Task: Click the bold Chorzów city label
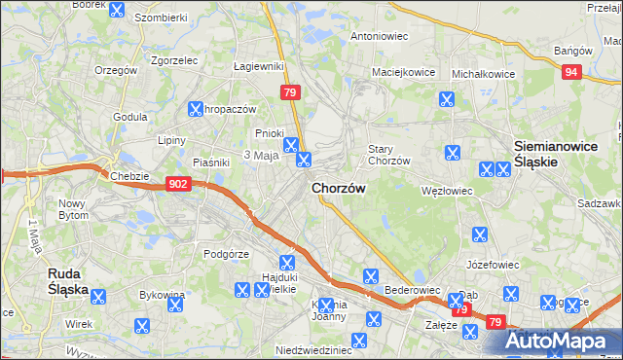click(x=339, y=189)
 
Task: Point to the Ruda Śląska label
click(x=69, y=282)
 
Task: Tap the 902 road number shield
click(x=177, y=182)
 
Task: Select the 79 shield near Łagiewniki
click(x=289, y=91)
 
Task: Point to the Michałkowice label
click(x=484, y=73)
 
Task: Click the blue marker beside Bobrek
click(x=117, y=12)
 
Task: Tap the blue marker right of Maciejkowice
click(x=447, y=99)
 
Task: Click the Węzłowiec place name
click(x=446, y=191)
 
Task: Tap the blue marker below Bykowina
click(x=141, y=326)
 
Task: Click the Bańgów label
click(x=571, y=50)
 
